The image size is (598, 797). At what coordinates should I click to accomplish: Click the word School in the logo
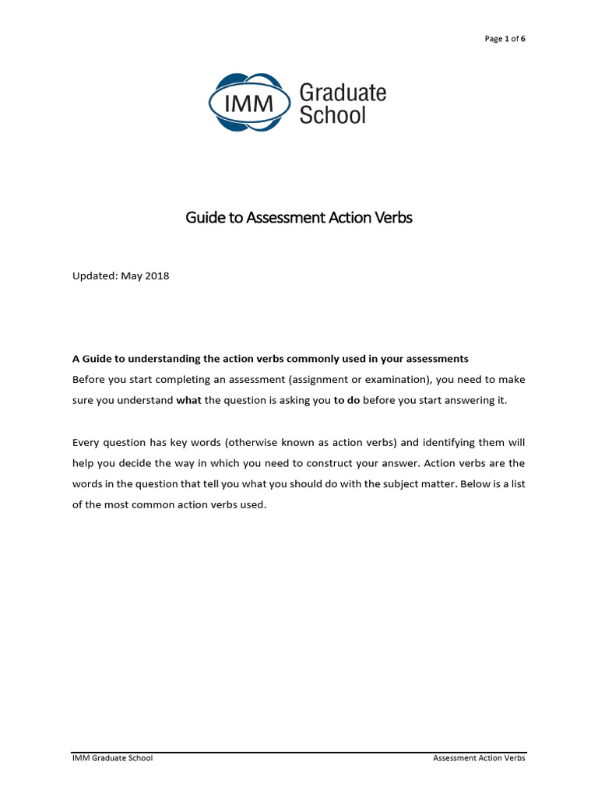click(332, 115)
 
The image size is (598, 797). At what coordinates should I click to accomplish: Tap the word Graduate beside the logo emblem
click(343, 93)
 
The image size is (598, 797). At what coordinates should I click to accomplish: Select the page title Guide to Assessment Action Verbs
click(299, 218)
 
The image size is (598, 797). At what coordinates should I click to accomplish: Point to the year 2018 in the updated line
click(156, 276)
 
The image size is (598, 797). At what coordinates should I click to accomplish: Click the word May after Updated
click(132, 276)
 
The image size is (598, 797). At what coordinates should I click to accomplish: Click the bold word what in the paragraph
click(189, 400)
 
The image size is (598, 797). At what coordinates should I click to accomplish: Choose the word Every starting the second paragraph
click(86, 442)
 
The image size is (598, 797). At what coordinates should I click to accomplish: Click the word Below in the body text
click(456, 484)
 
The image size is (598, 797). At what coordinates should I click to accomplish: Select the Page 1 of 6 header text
click(505, 39)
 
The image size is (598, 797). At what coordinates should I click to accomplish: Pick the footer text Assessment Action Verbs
click(479, 758)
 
